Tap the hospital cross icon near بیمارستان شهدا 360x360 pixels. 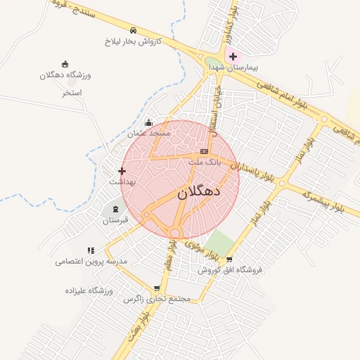(x=233, y=56)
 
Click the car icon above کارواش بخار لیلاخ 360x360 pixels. (x=133, y=30)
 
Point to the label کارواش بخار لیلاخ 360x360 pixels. (x=134, y=41)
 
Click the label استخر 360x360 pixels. (x=72, y=92)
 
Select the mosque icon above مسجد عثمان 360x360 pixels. (x=148, y=123)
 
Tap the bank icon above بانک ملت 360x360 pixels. (x=204, y=151)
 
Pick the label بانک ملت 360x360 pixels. (x=205, y=162)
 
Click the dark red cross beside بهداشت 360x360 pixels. (x=122, y=171)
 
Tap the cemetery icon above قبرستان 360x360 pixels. (x=115, y=210)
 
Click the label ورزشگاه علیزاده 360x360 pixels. (x=89, y=290)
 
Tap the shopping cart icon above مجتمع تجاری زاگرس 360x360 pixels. (x=156, y=288)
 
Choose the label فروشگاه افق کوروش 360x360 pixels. (x=229, y=269)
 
